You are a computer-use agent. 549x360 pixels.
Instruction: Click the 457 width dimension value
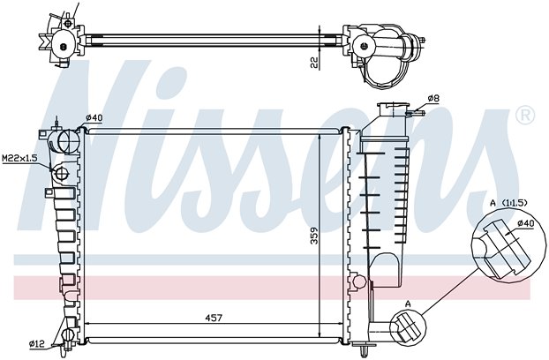[214, 318]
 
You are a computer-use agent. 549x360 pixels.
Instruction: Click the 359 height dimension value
[314, 236]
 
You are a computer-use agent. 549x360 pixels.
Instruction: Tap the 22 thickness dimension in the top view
[314, 63]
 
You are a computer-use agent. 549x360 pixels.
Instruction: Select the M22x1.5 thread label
[19, 159]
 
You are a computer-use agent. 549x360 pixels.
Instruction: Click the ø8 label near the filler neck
[433, 99]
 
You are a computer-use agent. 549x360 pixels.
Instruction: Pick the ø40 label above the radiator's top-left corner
[94, 118]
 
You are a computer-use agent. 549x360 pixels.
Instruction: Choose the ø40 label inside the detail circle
[525, 222]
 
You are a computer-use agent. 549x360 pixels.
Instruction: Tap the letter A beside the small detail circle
[408, 304]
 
